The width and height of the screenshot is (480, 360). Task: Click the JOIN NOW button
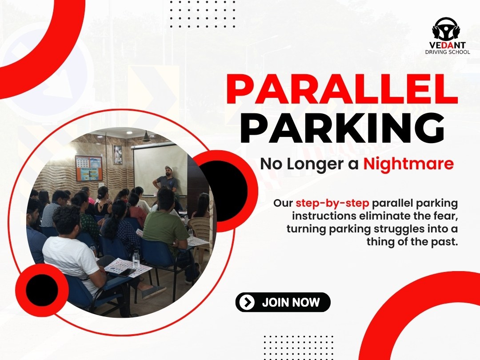pos(283,302)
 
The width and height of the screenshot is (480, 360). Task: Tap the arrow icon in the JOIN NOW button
pos(247,302)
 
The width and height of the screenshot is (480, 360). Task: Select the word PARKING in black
pos(342,128)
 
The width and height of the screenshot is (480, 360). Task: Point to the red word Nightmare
pos(408,164)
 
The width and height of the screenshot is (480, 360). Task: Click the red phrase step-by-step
pos(332,203)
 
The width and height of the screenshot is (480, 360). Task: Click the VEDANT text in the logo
pos(447,45)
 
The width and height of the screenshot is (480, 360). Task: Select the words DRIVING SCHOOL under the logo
pos(447,52)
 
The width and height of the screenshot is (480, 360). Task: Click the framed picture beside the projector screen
pos(117,155)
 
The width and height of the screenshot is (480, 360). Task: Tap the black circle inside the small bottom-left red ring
pos(42,290)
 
